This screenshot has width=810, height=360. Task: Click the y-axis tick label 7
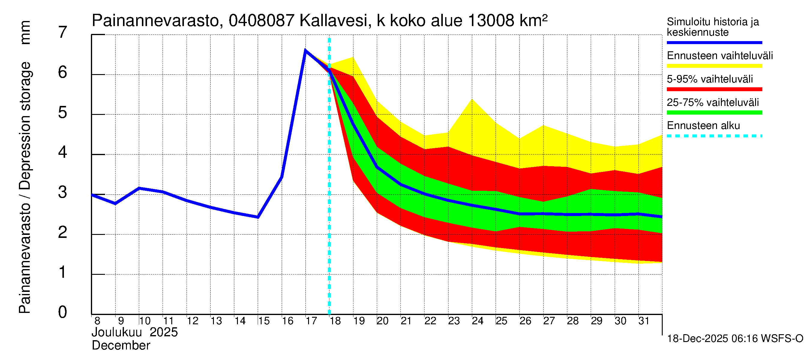click(63, 32)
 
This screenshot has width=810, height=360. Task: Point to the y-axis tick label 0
click(63, 312)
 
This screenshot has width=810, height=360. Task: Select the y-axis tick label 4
click(63, 152)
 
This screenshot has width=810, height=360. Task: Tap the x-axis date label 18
click(335, 321)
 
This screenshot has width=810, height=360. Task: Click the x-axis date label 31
click(644, 321)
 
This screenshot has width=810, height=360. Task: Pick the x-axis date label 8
click(97, 321)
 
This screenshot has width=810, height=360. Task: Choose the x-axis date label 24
click(477, 321)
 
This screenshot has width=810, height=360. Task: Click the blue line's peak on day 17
click(305, 50)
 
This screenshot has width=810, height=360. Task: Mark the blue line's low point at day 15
click(258, 217)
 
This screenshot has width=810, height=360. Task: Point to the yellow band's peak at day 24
click(472, 100)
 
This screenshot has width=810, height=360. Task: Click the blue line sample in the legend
click(714, 42)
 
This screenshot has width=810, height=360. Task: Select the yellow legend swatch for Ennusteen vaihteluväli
click(714, 66)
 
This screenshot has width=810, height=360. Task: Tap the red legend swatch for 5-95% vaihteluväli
click(714, 89)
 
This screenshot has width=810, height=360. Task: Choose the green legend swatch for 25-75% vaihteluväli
click(714, 112)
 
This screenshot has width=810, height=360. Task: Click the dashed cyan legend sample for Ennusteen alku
click(714, 136)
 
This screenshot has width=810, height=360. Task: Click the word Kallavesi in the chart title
click(334, 21)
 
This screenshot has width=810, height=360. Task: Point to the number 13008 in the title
click(491, 21)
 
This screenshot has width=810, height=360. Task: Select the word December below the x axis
click(121, 346)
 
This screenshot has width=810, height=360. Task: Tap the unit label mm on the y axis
click(25, 32)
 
